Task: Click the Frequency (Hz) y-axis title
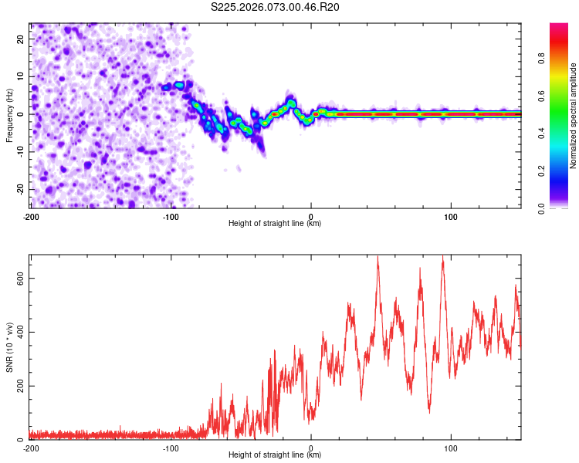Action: tap(10, 115)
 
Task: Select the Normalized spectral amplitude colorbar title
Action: tap(574, 117)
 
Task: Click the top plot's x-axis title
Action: tap(275, 224)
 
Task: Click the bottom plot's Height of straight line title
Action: tap(275, 455)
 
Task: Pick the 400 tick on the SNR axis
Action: tap(19, 333)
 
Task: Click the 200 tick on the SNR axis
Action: tap(19, 386)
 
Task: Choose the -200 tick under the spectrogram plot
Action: tap(31, 217)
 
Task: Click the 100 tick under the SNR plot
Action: tap(451, 448)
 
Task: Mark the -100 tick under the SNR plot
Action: tap(171, 448)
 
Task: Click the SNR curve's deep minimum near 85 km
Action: tap(429, 412)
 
